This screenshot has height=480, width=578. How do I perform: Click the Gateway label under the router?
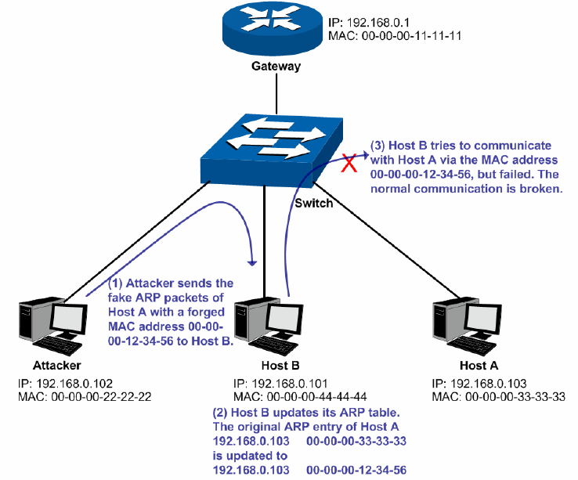pos(276,67)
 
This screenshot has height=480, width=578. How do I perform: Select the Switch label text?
pos(314,204)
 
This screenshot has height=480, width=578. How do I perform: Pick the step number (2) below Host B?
pos(221,410)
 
